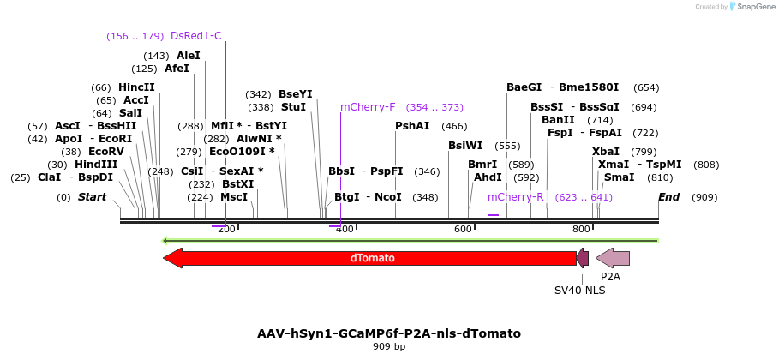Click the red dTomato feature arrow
pyautogui.click(x=369, y=258)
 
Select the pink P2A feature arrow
pyautogui.click(x=613, y=258)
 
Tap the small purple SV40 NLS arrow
pyautogui.click(x=583, y=258)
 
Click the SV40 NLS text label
pyautogui.click(x=579, y=291)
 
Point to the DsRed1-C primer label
pyautogui.click(x=196, y=36)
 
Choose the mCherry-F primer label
pyautogui.click(x=368, y=107)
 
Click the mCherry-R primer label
pyautogui.click(x=516, y=197)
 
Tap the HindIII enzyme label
pyautogui.click(x=96, y=165)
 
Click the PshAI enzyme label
pyautogui.click(x=412, y=126)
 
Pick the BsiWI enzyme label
pyautogui.click(x=465, y=146)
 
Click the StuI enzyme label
pyautogui.click(x=293, y=107)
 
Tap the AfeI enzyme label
pyautogui.click(x=177, y=69)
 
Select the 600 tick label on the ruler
pyautogui.click(x=464, y=230)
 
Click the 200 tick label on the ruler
pyautogui.click(x=226, y=230)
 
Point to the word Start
pyautogui.click(x=92, y=197)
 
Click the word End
pyautogui.click(x=668, y=197)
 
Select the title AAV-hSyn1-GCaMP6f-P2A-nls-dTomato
pyautogui.click(x=389, y=333)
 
